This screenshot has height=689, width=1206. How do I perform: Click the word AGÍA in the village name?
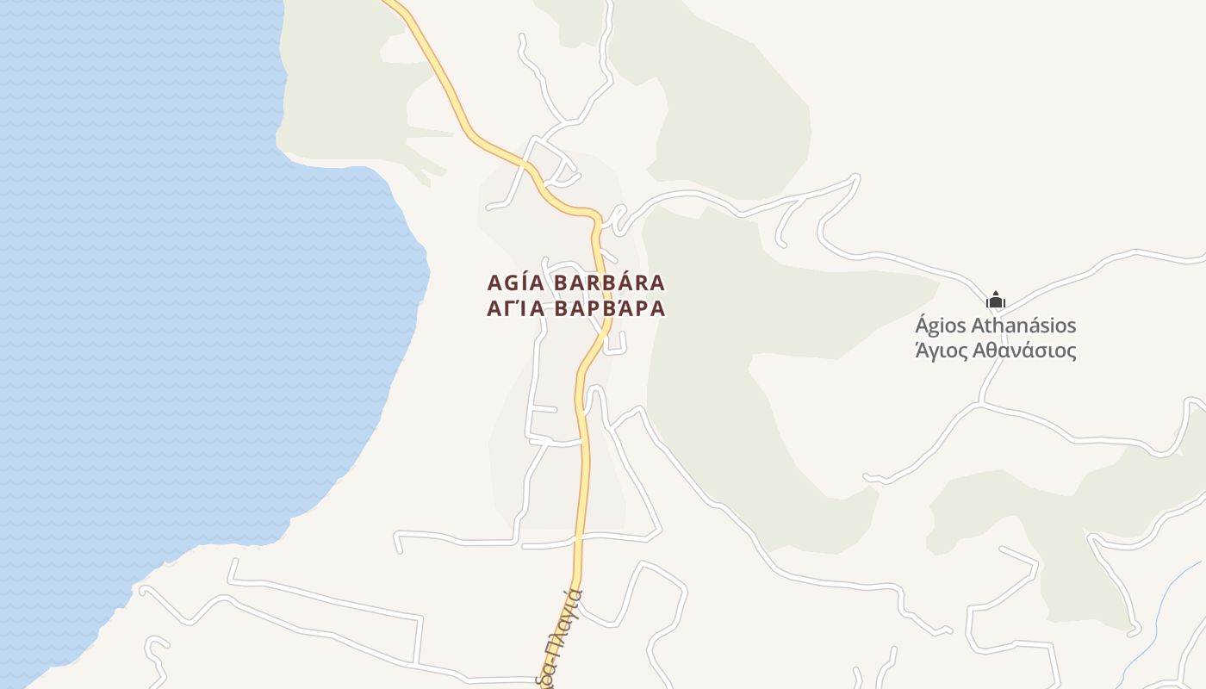tap(514, 282)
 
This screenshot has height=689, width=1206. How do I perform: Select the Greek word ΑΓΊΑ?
tap(514, 308)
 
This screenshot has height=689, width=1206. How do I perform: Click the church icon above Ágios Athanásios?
tap(995, 301)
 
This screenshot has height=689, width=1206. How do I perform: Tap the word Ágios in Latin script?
tap(940, 326)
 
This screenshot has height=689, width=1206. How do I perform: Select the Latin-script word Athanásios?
tap(1024, 326)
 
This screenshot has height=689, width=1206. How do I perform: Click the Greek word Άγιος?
tap(940, 351)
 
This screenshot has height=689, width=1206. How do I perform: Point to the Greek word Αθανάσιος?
tap(1024, 351)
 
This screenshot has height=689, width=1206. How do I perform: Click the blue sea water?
tap(172, 301)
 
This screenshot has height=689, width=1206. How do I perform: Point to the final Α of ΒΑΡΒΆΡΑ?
tap(658, 308)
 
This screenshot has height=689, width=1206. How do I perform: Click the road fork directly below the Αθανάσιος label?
tap(982, 403)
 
